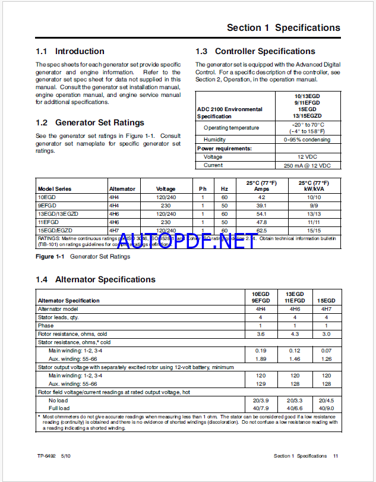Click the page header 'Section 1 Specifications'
[283, 27]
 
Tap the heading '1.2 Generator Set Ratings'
[90, 122]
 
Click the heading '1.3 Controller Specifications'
[255, 51]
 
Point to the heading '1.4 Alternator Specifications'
[95, 279]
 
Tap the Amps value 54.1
[261, 213]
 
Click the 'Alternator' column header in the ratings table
[122, 189]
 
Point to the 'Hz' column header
[225, 189]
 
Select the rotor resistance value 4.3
[295, 334]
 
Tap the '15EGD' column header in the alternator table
[326, 301]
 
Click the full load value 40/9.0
[326, 409]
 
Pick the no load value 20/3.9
[261, 401]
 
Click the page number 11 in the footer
[336, 456]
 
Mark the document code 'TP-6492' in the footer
[46, 456]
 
